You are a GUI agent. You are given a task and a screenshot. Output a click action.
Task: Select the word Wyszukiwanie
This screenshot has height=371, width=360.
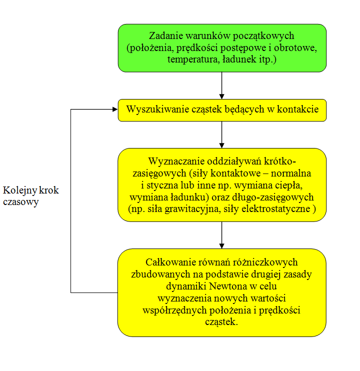tap(157, 109)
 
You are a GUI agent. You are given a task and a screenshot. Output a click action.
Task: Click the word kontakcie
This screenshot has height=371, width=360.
tap(298, 109)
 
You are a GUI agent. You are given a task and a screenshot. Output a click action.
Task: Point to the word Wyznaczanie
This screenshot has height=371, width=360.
tap(176, 161)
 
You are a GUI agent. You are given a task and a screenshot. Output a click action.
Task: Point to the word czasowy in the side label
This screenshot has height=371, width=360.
tap(21, 202)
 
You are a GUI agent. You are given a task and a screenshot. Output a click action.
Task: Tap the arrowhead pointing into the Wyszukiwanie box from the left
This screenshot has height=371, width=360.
tap(115, 109)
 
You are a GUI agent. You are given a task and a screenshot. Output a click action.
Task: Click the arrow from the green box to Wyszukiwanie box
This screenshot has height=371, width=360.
tap(221, 85)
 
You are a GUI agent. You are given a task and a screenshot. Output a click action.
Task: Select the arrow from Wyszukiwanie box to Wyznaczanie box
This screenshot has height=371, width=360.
tap(221, 135)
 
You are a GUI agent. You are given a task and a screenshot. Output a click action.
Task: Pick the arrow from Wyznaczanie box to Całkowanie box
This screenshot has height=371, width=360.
tap(221, 235)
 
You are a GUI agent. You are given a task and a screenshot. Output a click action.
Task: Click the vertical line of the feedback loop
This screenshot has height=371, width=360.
tap(70, 201)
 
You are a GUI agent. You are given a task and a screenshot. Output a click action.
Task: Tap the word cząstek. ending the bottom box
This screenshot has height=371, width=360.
tap(221, 322)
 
